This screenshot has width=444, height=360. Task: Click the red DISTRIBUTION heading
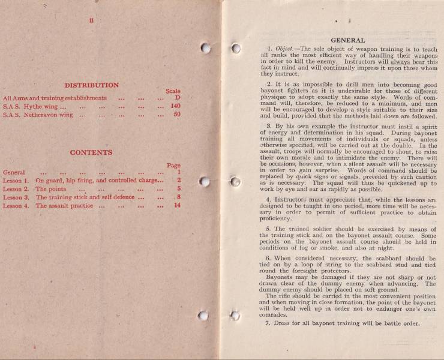click(92, 85)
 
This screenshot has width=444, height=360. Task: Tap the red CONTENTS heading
click(91, 152)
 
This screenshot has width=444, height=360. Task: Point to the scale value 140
click(175, 106)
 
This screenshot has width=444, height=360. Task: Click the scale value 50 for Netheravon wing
click(177, 115)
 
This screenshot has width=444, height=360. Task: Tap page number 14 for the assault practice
click(176, 206)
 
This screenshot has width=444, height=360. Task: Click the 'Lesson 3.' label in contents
click(16, 197)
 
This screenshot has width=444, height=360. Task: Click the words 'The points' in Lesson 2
click(51, 189)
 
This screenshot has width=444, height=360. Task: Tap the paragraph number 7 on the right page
click(268, 324)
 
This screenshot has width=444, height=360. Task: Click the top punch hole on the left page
click(205, 48)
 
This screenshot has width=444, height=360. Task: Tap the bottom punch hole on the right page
click(235, 316)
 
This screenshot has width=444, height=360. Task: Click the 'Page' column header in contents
click(173, 166)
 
